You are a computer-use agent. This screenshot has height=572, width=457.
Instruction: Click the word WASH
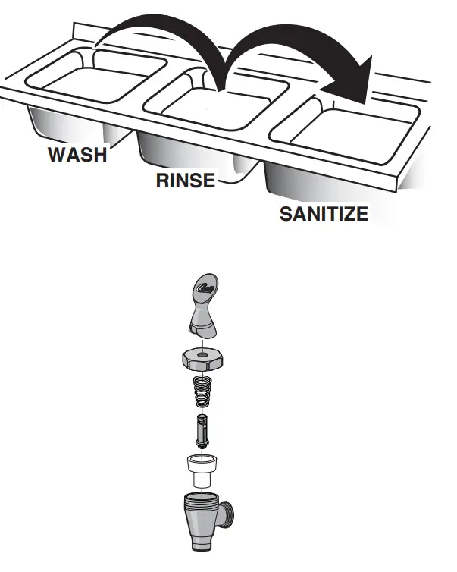(77, 155)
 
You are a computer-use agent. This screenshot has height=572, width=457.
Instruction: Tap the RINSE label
(186, 181)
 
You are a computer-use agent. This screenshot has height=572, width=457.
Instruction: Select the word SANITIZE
(324, 214)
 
